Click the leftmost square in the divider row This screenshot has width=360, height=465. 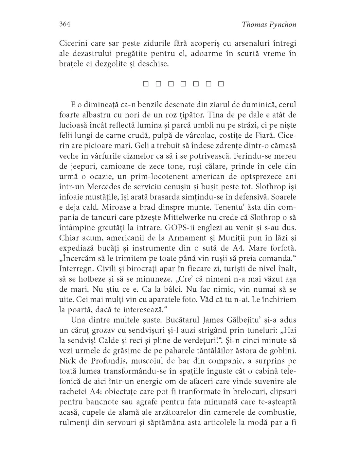pyautogui.click(x=145, y=84)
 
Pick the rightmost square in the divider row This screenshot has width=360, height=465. pyautogui.click(x=221, y=84)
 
